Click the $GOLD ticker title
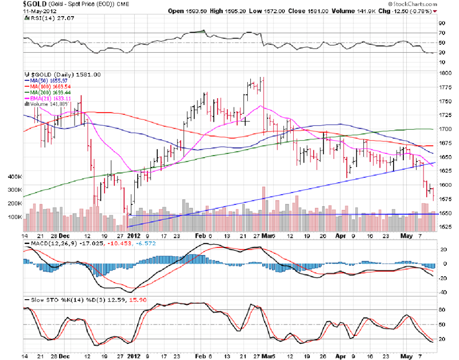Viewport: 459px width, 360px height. click(x=19, y=4)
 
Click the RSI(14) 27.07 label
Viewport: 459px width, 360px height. click(x=47, y=18)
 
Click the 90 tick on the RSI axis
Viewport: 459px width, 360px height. click(x=442, y=24)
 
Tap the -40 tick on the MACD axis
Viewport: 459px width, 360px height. click(x=442, y=292)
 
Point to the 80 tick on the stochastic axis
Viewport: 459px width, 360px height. click(x=442, y=310)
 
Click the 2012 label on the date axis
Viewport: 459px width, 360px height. click(x=133, y=235)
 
